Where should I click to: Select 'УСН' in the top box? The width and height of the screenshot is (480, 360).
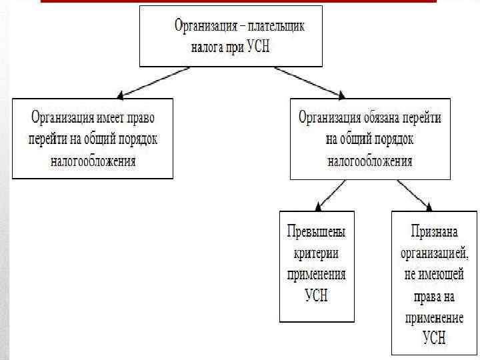[259, 47]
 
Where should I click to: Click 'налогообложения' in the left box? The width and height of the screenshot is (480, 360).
[93, 161]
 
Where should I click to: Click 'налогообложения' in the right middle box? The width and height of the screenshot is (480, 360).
[369, 161]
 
